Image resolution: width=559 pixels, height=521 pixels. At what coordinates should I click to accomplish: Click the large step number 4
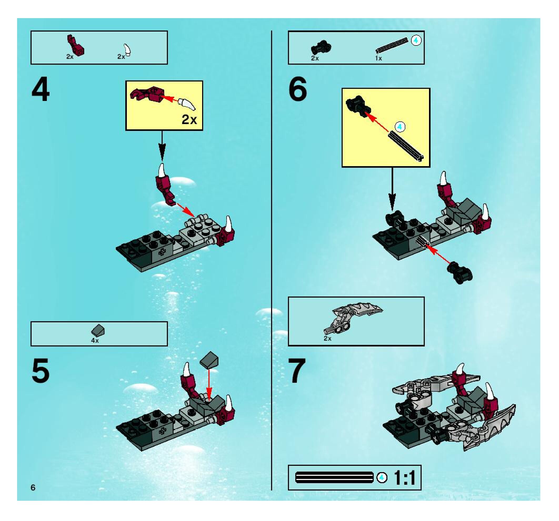pyautogui.click(x=41, y=89)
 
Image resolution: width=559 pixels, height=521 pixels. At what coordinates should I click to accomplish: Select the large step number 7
pyautogui.click(x=296, y=371)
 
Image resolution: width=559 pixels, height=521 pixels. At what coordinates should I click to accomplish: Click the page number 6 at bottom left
pyautogui.click(x=33, y=488)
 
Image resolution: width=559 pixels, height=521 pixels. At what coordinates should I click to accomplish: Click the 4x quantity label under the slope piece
pyautogui.click(x=95, y=341)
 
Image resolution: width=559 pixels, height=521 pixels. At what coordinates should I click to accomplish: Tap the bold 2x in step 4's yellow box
pyautogui.click(x=189, y=119)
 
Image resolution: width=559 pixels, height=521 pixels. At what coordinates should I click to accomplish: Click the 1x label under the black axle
pyautogui.click(x=378, y=58)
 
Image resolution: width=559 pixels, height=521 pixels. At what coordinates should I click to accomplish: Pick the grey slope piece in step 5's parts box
pyautogui.click(x=98, y=331)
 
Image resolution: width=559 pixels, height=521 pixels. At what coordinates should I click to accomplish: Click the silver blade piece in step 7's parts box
pyautogui.click(x=353, y=317)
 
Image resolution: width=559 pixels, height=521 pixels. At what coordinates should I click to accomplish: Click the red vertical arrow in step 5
pyautogui.click(x=209, y=384)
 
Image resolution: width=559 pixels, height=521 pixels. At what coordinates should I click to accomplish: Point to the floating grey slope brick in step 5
pyautogui.click(x=209, y=360)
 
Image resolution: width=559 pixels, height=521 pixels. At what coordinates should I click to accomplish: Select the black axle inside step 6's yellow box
pyautogui.click(x=406, y=147)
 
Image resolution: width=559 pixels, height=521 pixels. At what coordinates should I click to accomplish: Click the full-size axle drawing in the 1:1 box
pyautogui.click(x=334, y=477)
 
